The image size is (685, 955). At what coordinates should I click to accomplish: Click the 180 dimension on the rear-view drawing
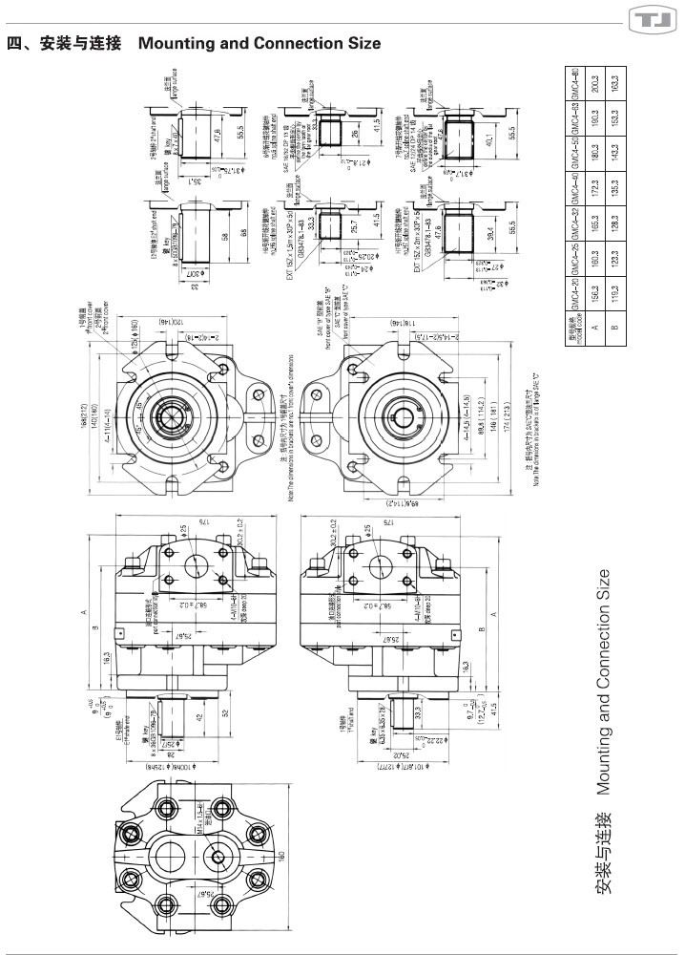coord(283,856)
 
